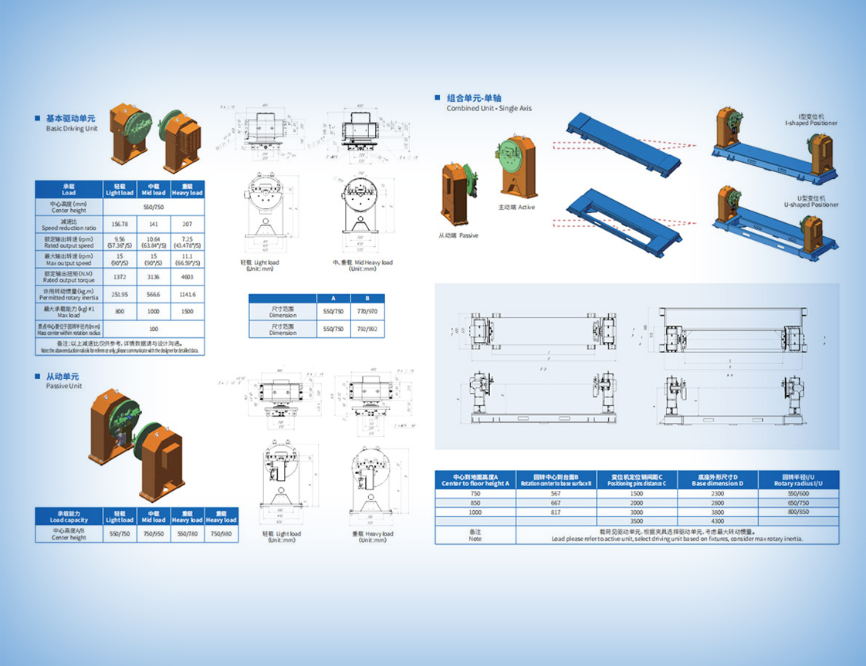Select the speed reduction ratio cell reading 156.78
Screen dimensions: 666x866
tap(120, 225)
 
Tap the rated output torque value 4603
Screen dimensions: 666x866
tap(188, 276)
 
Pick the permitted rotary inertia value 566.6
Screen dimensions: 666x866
tap(154, 294)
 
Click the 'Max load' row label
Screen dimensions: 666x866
tap(69, 312)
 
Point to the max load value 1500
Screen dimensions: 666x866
tap(188, 312)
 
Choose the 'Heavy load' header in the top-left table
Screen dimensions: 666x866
tap(188, 189)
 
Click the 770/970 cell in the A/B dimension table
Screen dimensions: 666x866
tap(367, 311)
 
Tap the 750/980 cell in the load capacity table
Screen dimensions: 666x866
tap(222, 534)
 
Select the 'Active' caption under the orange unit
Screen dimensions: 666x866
tap(516, 207)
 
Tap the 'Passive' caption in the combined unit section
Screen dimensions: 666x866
tap(458, 235)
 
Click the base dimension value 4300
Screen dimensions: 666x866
tap(717, 522)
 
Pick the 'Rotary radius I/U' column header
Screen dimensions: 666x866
tap(797, 480)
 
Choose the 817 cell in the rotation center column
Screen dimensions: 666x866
tap(556, 512)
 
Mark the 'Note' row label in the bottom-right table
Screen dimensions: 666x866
tap(475, 535)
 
